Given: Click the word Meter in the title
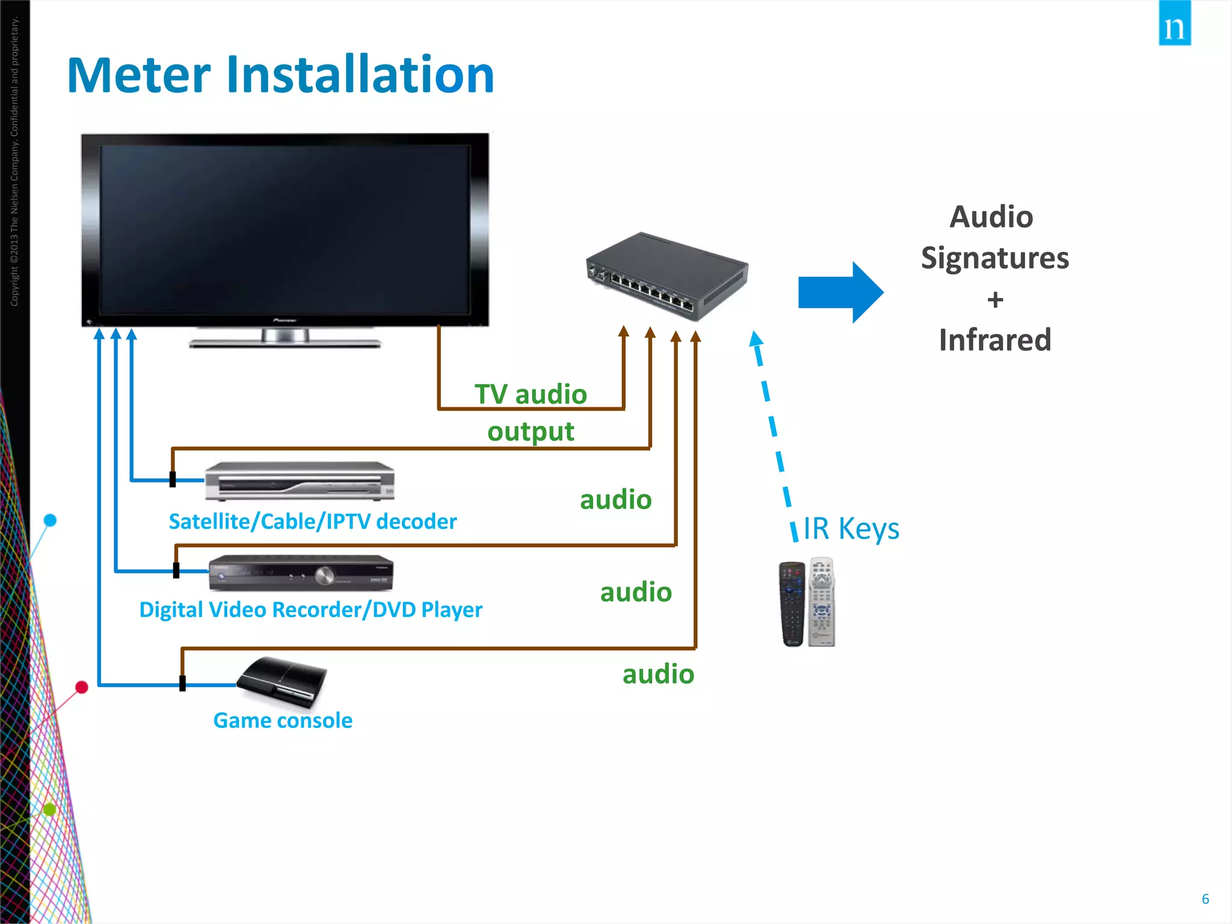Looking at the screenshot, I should coord(138,75).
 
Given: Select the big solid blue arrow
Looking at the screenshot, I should coord(840,292).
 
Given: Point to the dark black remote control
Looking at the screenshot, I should coord(792,604).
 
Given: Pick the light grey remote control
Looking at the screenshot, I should coord(822,602).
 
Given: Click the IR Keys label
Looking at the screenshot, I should coord(851,528).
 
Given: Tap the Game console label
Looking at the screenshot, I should coord(283,721).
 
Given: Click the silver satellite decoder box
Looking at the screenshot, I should coord(300,481).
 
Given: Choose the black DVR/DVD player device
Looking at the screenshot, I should coord(301,573).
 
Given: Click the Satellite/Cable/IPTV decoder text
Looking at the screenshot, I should coord(313,522).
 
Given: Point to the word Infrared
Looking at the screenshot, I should coord(995,340).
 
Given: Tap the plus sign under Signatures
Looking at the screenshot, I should coord(995,300).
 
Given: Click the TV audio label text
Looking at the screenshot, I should coord(531,395).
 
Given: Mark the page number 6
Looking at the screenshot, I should coord(1205,899).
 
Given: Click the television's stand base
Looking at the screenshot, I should coord(285,344).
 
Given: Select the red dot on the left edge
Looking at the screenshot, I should coord(82,687).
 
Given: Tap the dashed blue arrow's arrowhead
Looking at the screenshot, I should coord(756,339).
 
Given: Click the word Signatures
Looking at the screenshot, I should coord(995,258).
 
